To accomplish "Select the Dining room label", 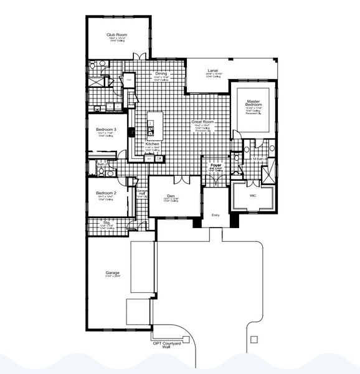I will tap(161, 74).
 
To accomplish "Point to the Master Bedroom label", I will tap(253, 103).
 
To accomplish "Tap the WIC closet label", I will tap(253, 196).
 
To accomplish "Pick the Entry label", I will tap(216, 216).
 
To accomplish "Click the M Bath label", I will tap(256, 160).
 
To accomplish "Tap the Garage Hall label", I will tap(142, 191).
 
